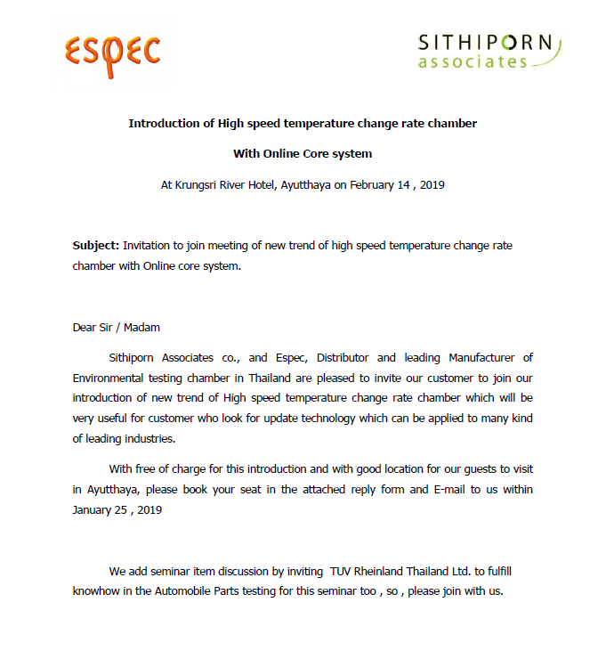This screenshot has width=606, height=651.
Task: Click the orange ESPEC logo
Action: coord(113,53)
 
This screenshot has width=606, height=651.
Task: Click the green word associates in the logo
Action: coord(473,62)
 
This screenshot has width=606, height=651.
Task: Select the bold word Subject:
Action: coord(96,245)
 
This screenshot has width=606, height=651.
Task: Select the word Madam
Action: coord(142,327)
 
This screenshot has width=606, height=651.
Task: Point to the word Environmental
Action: coord(112,378)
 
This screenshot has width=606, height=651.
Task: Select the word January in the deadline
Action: coord(94,510)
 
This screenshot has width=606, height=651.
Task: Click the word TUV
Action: coord(343,571)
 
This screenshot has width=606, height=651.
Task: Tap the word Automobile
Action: coord(211,591)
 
